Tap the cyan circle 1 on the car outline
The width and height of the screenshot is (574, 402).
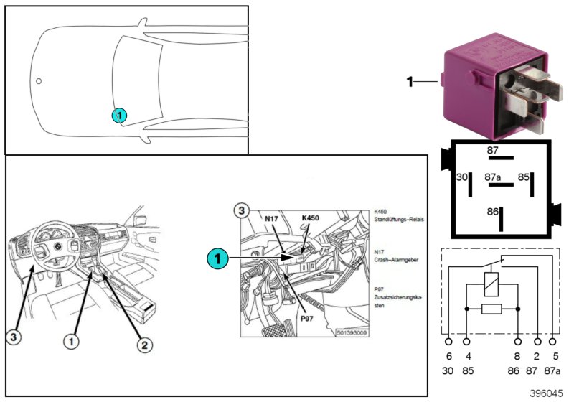coord(120,115)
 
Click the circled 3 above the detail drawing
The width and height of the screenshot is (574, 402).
coord(243,211)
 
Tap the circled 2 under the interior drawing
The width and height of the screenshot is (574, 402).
coord(144,346)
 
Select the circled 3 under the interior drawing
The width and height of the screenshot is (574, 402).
coord(14,335)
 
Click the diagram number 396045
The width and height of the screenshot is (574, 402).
coord(547,393)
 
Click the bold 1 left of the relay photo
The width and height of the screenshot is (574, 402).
coord(410,83)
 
